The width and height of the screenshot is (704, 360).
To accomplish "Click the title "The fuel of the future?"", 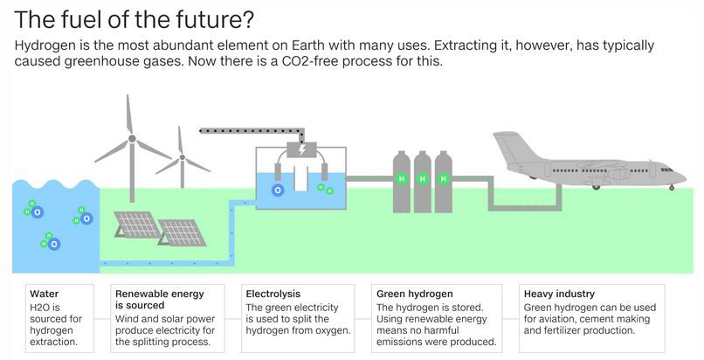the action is tap(135, 20).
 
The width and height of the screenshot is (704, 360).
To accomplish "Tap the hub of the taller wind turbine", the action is tap(132, 139).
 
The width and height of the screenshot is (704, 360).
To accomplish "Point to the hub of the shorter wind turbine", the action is tap(183, 157).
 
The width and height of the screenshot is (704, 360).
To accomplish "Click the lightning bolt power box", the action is tap(301, 149).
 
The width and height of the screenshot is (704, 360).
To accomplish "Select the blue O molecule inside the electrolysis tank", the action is tap(278, 190).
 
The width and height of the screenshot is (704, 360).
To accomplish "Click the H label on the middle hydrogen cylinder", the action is tap(423, 179).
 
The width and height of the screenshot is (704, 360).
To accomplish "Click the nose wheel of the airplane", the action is tap(672, 188).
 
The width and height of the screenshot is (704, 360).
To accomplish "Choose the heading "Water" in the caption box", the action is tap(44, 294).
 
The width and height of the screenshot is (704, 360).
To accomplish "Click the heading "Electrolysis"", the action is tap(273, 294).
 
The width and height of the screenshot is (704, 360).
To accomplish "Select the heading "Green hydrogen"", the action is tap(414, 294).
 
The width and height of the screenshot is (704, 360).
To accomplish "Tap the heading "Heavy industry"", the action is tap(559, 294).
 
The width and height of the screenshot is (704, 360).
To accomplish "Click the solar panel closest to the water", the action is tap(136, 224).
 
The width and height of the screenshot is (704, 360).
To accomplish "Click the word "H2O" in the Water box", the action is tap(38, 308).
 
